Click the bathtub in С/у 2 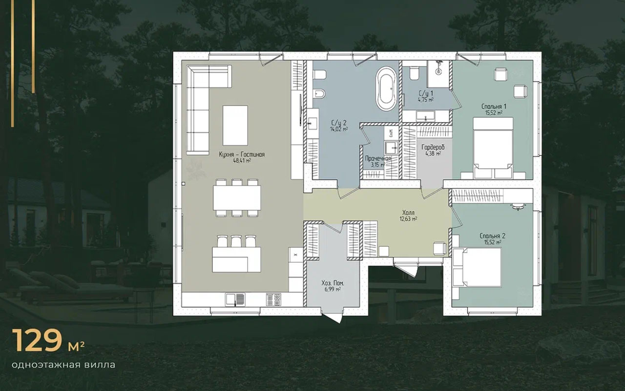[386, 88]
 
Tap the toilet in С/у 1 [415, 73]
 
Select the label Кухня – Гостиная [242, 154]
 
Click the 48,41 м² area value [242, 161]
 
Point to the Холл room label [409, 213]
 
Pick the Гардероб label [433, 147]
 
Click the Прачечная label [378, 158]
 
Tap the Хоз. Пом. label [333, 283]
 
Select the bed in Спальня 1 [493, 148]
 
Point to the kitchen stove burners [273, 300]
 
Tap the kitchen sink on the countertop [235, 300]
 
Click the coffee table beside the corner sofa [235, 125]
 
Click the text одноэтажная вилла [63, 365]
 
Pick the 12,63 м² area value [409, 218]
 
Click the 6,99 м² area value [333, 289]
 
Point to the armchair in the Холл [440, 248]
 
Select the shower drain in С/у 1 [438, 72]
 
